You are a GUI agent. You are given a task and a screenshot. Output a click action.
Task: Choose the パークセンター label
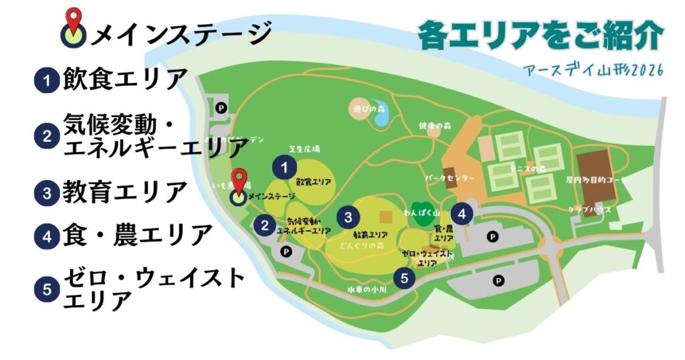[x=450, y=179]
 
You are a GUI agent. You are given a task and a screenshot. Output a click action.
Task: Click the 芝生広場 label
[x=304, y=150]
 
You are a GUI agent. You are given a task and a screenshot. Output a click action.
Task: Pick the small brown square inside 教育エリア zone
[x=384, y=217]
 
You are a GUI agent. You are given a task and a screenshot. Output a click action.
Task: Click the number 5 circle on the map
[x=404, y=277]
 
